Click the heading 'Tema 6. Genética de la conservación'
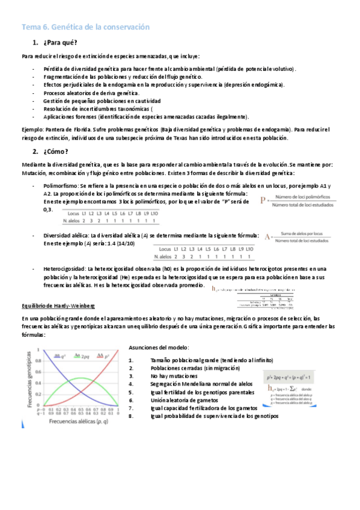point(85,28)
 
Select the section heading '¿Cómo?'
point(56,151)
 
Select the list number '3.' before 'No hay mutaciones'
point(131,375)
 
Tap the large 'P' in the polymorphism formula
point(263,201)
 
